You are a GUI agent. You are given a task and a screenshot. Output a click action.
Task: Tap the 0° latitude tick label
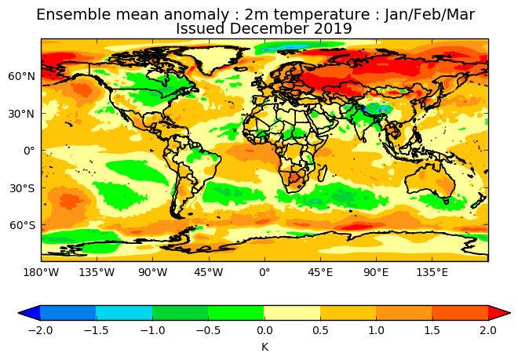tap(30, 151)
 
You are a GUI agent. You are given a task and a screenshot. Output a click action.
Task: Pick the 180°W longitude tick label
tap(41, 273)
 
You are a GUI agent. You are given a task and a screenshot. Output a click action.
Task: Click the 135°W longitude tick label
tap(97, 273)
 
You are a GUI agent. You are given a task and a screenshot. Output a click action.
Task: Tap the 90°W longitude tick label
tap(152, 273)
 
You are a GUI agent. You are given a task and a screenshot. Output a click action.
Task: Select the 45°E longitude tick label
tap(320, 273)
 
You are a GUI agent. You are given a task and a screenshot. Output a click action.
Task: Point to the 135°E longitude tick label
tap(432, 273)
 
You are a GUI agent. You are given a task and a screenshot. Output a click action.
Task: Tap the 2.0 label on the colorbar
tap(488, 330)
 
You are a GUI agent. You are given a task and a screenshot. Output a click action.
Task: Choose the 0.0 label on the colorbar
tap(264, 330)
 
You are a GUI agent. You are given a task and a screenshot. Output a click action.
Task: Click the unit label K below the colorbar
tap(264, 346)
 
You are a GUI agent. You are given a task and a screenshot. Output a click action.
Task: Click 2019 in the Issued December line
tap(334, 29)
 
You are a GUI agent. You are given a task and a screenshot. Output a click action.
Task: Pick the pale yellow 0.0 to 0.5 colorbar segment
tap(292, 313)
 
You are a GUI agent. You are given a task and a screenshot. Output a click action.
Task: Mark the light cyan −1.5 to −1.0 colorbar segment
tap(124, 313)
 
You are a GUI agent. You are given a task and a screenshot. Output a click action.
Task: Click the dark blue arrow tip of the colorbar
tap(29, 313)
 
